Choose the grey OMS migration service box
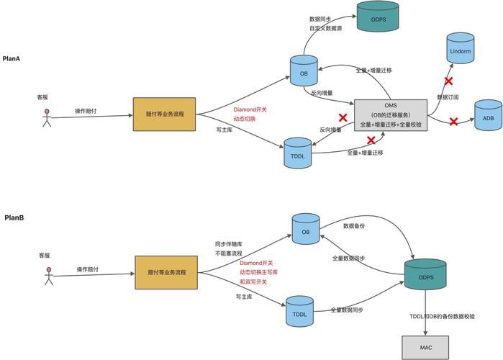click(x=391, y=114)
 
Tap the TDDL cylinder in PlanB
click(x=300, y=310)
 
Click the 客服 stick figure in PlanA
click(x=47, y=118)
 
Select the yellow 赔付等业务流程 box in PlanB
click(x=166, y=273)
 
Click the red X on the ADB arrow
click(x=454, y=122)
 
